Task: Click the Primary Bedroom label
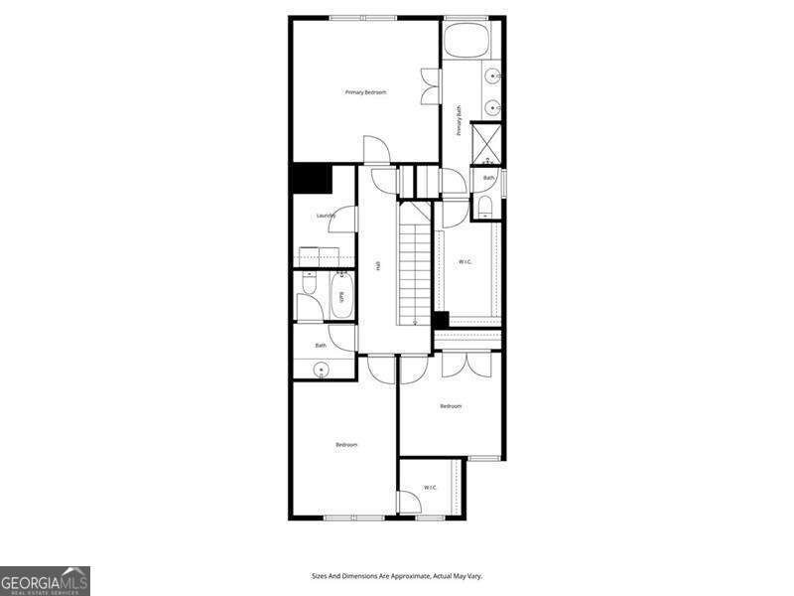tap(365, 92)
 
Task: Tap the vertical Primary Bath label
tap(460, 120)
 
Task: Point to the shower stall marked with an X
tap(486, 142)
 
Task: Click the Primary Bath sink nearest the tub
tap(491, 74)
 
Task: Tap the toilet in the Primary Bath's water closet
tap(484, 206)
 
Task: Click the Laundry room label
tap(326, 216)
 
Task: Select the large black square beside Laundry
tap(311, 180)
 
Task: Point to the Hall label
tap(378, 265)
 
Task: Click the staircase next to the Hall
tap(415, 263)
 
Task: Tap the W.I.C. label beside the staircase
tap(464, 262)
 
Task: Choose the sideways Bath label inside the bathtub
tap(342, 296)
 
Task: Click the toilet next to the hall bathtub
tap(309, 287)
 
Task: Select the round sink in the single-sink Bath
tap(321, 370)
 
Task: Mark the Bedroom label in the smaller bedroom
tap(451, 405)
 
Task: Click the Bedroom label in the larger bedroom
tap(345, 444)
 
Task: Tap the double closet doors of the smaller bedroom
tap(466, 364)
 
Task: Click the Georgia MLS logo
tap(45, 580)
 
